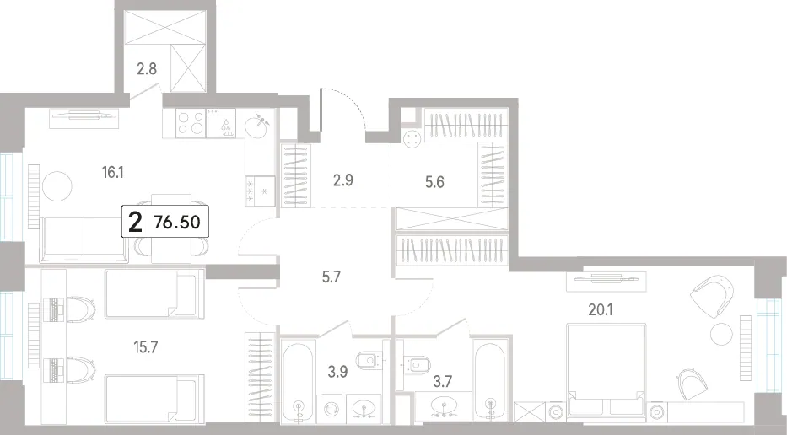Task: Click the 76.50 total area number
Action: tap(177, 222)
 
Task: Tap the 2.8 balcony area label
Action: tap(147, 69)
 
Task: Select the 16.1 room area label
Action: tap(112, 173)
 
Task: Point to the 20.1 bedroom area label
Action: tap(601, 310)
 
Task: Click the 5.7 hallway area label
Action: tap(332, 277)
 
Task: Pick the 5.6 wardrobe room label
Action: tap(434, 182)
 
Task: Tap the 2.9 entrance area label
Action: tap(342, 180)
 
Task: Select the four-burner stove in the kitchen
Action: tap(191, 123)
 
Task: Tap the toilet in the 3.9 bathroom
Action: tap(368, 360)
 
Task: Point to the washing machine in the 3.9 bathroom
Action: tap(332, 408)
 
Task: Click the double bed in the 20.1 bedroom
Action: tap(606, 370)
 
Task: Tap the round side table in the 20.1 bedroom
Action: tap(722, 333)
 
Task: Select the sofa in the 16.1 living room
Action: tap(84, 239)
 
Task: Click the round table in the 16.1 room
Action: tap(57, 186)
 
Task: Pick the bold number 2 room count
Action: tap(136, 223)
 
